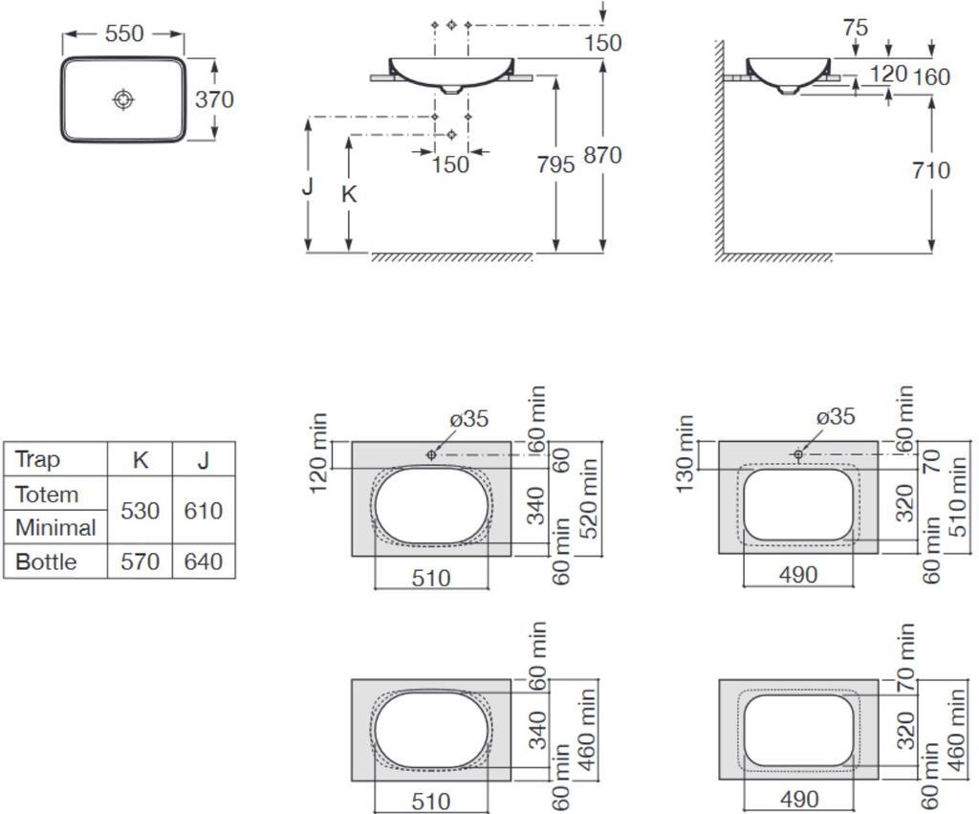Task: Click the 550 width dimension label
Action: pyautogui.click(x=124, y=33)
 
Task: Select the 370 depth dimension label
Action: pyautogui.click(x=214, y=99)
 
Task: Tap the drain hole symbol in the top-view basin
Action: pyautogui.click(x=124, y=99)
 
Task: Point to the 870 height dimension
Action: pyautogui.click(x=602, y=155)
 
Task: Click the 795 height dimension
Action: pyautogui.click(x=555, y=165)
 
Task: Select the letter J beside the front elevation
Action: pyautogui.click(x=307, y=186)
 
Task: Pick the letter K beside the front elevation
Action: pyautogui.click(x=349, y=195)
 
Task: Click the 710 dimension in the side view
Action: pyautogui.click(x=931, y=170)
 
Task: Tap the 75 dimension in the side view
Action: pyautogui.click(x=856, y=28)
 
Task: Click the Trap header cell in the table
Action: pyautogui.click(x=37, y=459)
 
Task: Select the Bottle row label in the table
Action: pyautogui.click(x=46, y=561)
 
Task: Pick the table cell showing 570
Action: pyautogui.click(x=140, y=561)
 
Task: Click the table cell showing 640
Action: pyautogui.click(x=204, y=561)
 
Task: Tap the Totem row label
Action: pyautogui.click(x=47, y=495)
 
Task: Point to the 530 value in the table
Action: pyautogui.click(x=140, y=511)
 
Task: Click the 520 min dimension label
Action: pyautogui.click(x=588, y=498)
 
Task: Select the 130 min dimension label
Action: pyautogui.click(x=685, y=453)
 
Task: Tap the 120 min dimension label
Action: pyautogui.click(x=317, y=452)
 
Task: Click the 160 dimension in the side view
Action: pyautogui.click(x=931, y=77)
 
